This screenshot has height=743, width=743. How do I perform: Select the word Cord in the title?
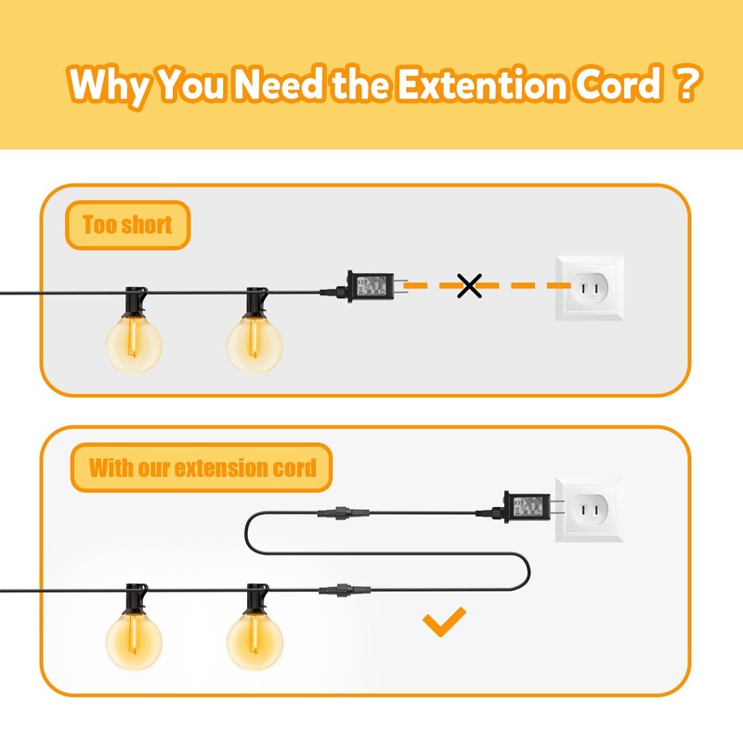click(615, 85)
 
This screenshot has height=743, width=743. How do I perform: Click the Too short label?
click(127, 226)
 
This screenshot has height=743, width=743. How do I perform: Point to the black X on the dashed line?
click(470, 286)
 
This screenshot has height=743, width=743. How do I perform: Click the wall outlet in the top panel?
click(589, 290)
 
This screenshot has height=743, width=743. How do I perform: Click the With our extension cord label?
click(202, 467)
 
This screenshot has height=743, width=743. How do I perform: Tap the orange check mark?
click(443, 623)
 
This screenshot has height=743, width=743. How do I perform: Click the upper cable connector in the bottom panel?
click(335, 512)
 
